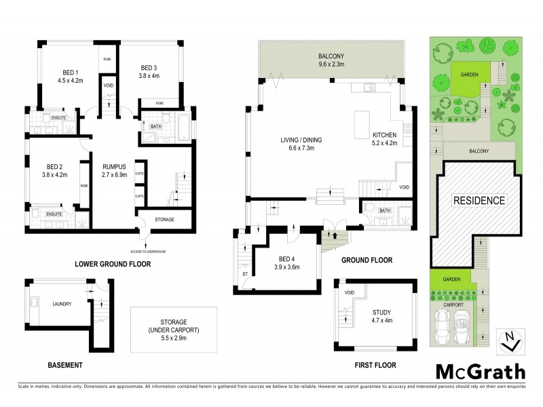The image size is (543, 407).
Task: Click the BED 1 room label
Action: pos(68,73)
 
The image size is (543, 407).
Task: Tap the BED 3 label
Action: pos(149,68)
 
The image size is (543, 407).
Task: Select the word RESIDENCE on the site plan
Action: pos(479,200)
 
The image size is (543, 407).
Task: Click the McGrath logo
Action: pos(479,372)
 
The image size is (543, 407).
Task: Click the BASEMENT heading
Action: pos(65,365)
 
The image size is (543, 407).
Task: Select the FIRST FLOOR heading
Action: pos(375,365)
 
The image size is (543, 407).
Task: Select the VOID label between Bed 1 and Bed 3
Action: pos(109,85)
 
